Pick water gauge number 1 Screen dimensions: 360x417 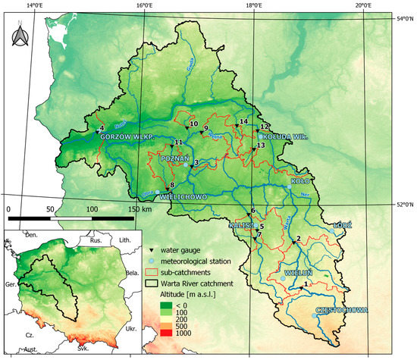pyautogui.click(x=300, y=287)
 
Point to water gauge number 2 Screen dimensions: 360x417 pyautogui.click(x=293, y=243)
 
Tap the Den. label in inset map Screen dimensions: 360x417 pyautogui.click(x=30, y=236)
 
